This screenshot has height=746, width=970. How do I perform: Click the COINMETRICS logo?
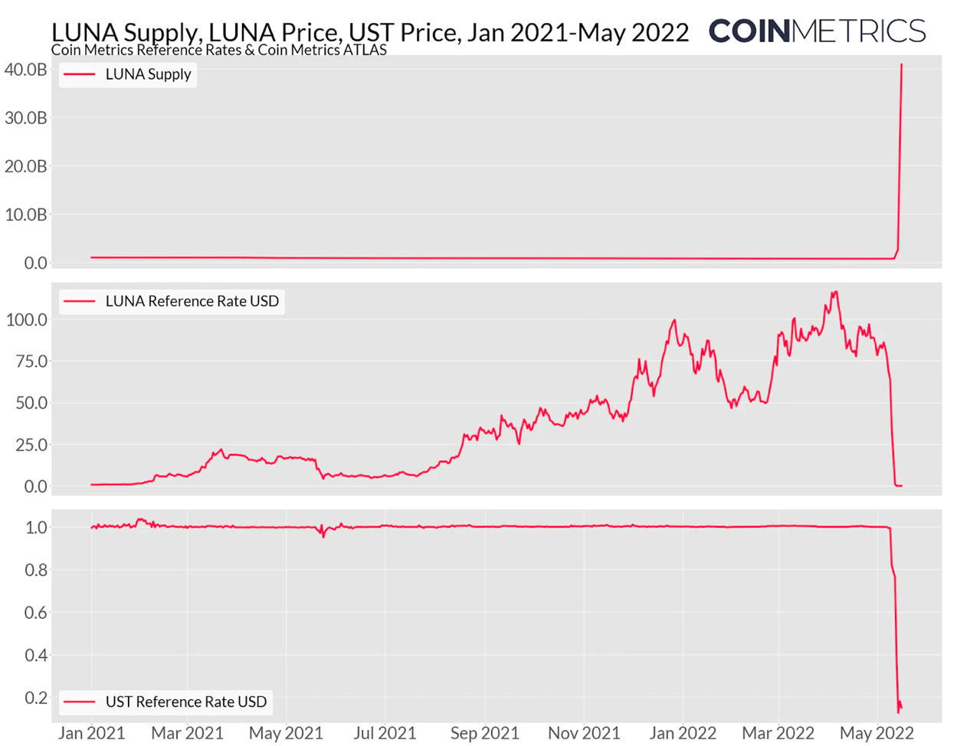pyautogui.click(x=817, y=31)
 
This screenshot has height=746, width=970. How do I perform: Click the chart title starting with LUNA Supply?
pyautogui.click(x=370, y=32)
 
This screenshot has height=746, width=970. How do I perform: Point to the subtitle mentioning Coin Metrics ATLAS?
pyautogui.click(x=218, y=51)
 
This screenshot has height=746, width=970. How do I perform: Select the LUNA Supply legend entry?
pyautogui.click(x=128, y=74)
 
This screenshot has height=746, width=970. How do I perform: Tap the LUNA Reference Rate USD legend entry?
pyautogui.click(x=172, y=301)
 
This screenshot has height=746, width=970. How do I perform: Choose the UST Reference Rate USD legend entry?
pyautogui.click(x=165, y=702)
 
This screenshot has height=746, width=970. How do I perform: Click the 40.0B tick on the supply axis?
pyautogui.click(x=26, y=70)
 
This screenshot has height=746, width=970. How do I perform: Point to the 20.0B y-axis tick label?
pyautogui.click(x=26, y=166)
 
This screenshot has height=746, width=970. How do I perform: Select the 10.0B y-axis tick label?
pyautogui.click(x=26, y=214)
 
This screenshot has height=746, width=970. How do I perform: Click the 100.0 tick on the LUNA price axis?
pyautogui.click(x=27, y=319)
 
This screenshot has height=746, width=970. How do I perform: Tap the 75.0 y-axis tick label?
pyautogui.click(x=31, y=361)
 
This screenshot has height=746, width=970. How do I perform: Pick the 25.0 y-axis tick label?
pyautogui.click(x=31, y=444)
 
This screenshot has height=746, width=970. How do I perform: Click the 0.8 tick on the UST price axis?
pyautogui.click(x=37, y=570)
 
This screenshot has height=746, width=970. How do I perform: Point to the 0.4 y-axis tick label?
pyautogui.click(x=37, y=655)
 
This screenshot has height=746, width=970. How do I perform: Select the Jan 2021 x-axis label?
pyautogui.click(x=92, y=733)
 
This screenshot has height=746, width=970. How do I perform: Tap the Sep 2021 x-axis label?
pyautogui.click(x=485, y=733)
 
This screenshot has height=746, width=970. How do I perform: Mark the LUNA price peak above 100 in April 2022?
pyautogui.click(x=835, y=292)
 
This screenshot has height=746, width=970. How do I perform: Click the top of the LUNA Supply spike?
pyautogui.click(x=901, y=64)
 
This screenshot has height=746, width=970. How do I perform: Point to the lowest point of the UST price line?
pyautogui.click(x=899, y=712)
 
